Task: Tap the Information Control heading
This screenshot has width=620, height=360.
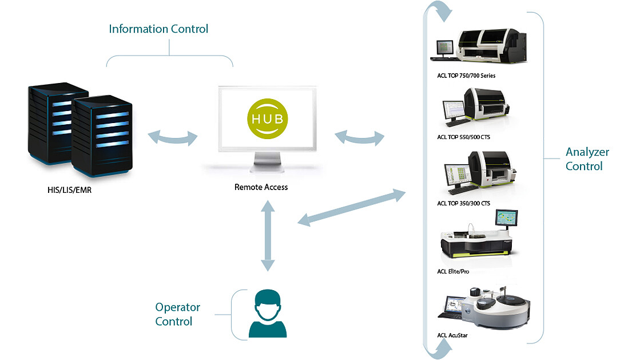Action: click(158, 29)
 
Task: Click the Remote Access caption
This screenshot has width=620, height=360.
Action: click(261, 187)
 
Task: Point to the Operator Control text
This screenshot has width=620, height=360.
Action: click(178, 314)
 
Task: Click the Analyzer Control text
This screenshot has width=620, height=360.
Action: click(584, 159)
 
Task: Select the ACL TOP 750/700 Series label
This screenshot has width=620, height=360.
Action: click(466, 76)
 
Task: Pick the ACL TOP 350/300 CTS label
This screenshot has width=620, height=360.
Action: click(463, 203)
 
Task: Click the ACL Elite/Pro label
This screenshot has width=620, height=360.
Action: click(453, 271)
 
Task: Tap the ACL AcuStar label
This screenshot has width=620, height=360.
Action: click(452, 335)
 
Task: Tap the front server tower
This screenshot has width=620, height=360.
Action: click(102, 137)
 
